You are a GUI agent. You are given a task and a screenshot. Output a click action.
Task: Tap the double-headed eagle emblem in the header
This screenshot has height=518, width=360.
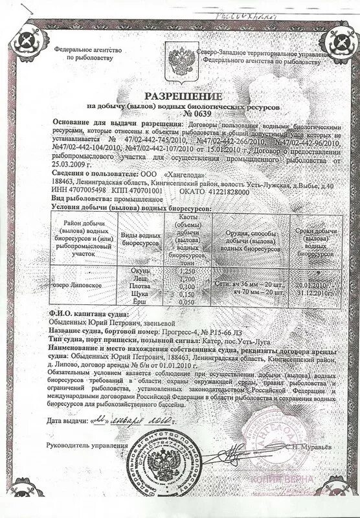click(x=172, y=54)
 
